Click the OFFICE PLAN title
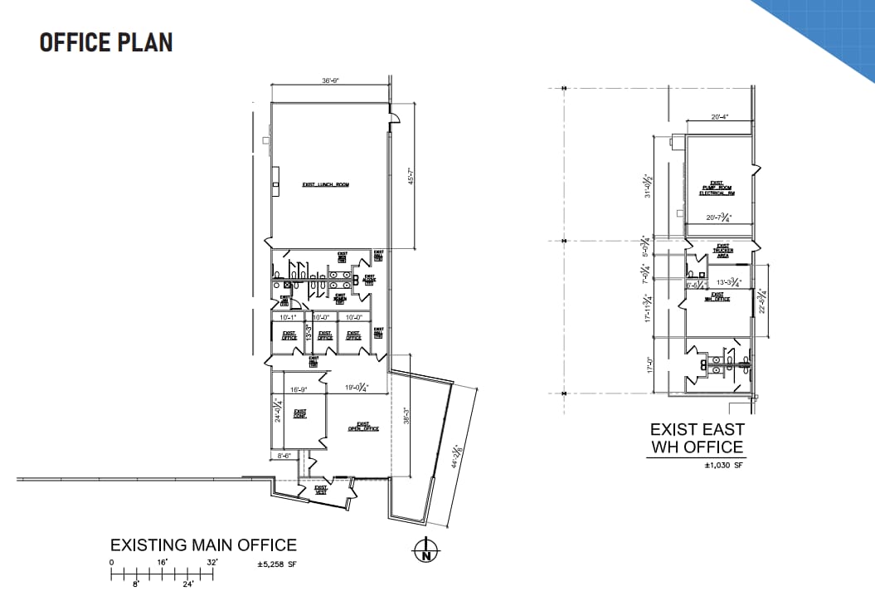(x=106, y=43)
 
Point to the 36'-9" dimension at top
(x=331, y=81)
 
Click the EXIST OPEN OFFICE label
(x=363, y=427)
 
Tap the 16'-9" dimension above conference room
(x=299, y=388)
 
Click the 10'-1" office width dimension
(x=288, y=317)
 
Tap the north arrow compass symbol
(x=425, y=551)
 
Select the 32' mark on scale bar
(x=212, y=563)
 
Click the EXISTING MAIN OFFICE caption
(x=203, y=545)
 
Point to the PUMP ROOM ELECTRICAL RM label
(x=717, y=188)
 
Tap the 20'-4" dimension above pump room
(x=719, y=118)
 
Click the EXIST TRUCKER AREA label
(x=722, y=252)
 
